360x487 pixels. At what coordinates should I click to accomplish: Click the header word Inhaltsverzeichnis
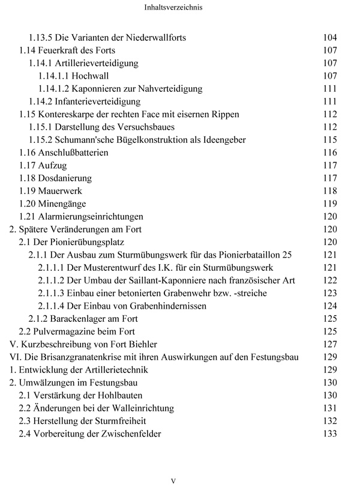point(180,9)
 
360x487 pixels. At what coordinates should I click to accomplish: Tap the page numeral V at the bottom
point(173,480)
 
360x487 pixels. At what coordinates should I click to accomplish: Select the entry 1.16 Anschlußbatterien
point(72,153)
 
